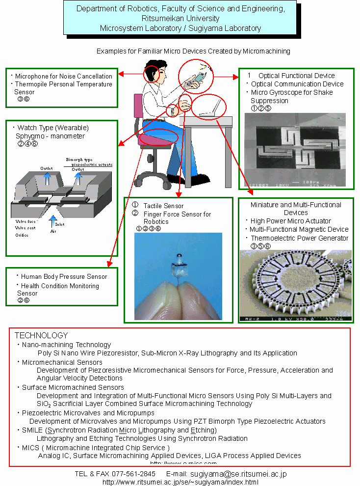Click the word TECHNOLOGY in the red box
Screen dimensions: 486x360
[x=41, y=335]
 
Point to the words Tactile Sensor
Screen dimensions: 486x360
[x=163, y=206]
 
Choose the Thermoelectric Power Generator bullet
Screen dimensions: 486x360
[x=299, y=238]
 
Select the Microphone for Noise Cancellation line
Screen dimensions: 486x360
[x=64, y=76]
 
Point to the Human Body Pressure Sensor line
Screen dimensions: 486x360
[x=64, y=276]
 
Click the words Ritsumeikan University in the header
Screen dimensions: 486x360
[x=180, y=19]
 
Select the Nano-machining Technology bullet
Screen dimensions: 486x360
[x=66, y=345]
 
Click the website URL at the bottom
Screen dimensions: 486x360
[x=180, y=482]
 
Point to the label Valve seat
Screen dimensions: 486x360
[x=25, y=228]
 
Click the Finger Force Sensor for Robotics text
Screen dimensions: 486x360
[x=177, y=217]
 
